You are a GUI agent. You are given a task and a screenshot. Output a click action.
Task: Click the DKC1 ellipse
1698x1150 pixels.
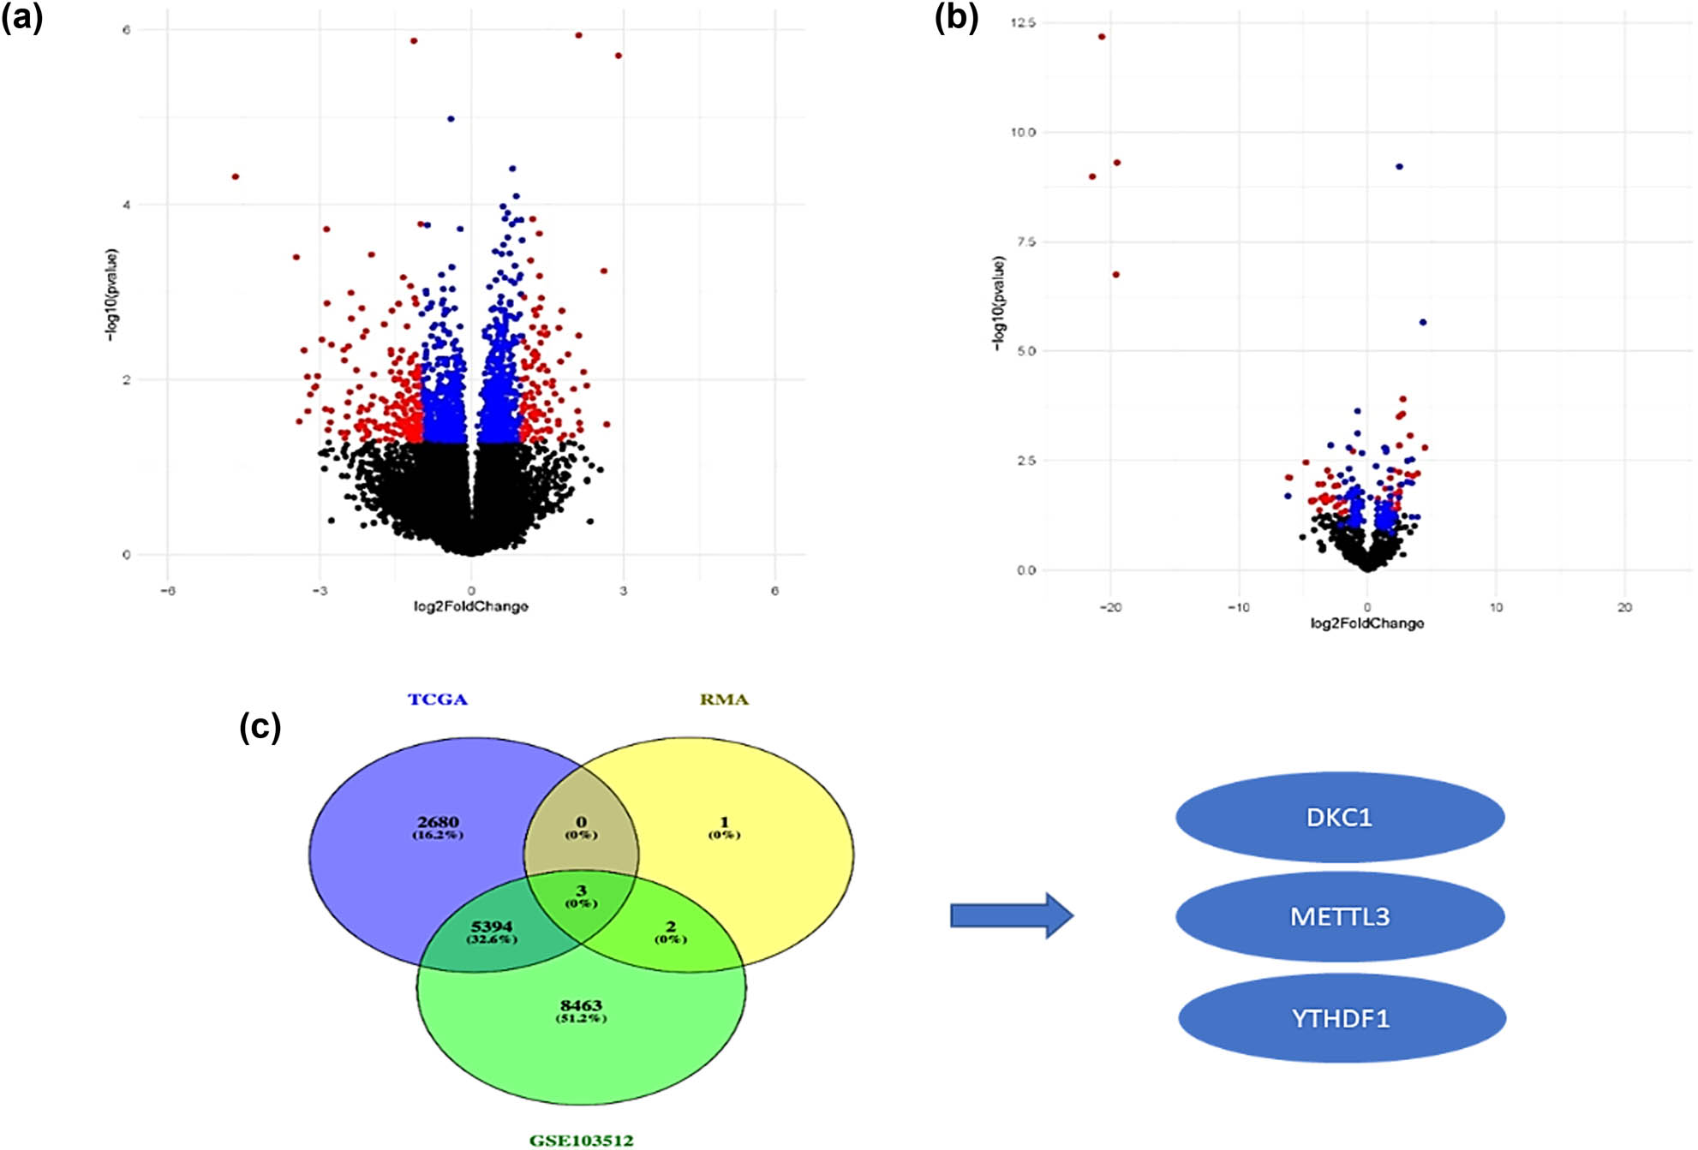point(1339,818)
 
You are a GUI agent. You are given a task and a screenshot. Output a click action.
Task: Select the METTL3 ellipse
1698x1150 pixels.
point(1339,917)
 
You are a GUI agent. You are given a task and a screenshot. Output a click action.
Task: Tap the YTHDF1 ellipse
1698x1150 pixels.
point(1341,1018)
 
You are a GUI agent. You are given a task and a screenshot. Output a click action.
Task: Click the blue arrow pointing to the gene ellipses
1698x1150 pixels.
point(1011,915)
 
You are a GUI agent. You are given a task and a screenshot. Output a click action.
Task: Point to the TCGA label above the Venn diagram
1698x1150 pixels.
point(437,700)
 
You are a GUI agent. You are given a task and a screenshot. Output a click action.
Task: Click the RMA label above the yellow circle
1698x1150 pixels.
point(724,700)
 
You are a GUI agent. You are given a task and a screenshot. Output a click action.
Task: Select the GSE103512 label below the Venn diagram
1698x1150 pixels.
point(581,1140)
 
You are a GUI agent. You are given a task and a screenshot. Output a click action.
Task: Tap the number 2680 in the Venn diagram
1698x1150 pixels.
point(438,822)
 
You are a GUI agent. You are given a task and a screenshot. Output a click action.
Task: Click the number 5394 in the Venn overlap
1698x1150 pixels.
point(492,927)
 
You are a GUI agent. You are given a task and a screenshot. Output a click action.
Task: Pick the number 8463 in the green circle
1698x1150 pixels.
point(581,1005)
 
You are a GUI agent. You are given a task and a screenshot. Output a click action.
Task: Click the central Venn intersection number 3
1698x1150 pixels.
point(581,891)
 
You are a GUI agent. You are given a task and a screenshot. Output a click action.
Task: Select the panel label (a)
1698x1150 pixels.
point(22,17)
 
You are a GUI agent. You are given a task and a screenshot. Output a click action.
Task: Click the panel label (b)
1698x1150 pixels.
point(956,17)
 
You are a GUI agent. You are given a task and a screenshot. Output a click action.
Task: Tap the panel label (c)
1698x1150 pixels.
point(260,727)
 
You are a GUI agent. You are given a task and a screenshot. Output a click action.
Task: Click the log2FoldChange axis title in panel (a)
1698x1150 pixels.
point(470,606)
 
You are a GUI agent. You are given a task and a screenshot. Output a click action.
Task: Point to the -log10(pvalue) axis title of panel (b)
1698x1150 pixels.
point(998,303)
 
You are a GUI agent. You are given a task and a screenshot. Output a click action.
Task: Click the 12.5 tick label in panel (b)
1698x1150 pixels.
point(1023,23)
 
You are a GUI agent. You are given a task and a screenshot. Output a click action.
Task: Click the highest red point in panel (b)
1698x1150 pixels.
point(1102,37)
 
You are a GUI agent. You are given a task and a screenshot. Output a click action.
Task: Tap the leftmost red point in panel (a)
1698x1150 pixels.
point(236,176)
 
